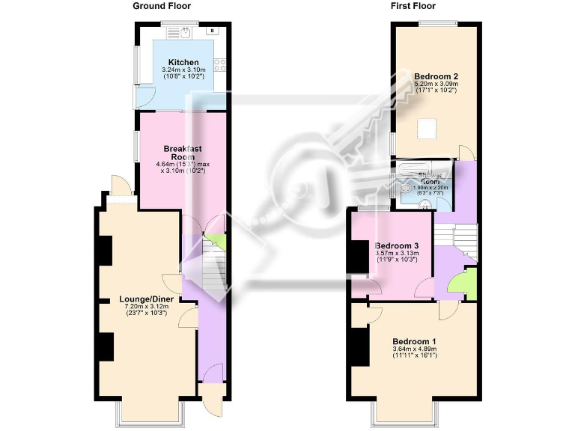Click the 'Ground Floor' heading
[160, 6]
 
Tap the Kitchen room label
[183, 62]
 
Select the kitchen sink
[180, 33]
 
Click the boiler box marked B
[213, 31]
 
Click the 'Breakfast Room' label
[183, 153]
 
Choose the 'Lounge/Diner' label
[147, 299]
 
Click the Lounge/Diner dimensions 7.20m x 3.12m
[147, 309]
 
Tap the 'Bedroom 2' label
[436, 76]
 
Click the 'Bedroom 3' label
[397, 245]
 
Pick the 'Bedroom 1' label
[415, 342]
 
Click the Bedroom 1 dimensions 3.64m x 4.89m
[415, 352]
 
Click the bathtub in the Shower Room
[425, 168]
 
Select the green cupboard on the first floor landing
[461, 284]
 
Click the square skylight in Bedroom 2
[426, 129]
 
